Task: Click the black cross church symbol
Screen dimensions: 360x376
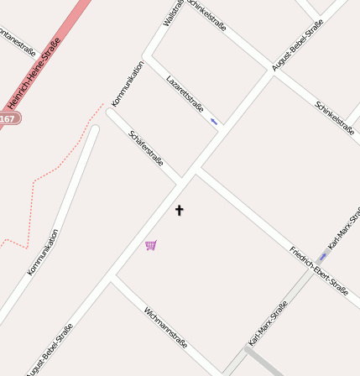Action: click(179, 210)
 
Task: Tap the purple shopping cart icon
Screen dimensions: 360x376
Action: click(151, 245)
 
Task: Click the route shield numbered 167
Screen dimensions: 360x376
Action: click(8, 119)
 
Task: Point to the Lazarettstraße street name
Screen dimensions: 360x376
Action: click(185, 93)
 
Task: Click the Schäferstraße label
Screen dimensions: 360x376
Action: click(146, 148)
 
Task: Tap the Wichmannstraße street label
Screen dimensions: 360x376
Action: click(164, 327)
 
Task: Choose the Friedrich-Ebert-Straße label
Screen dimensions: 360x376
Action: click(318, 270)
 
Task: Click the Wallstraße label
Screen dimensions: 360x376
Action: click(174, 12)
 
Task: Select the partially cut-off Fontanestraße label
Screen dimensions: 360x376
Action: click(17, 40)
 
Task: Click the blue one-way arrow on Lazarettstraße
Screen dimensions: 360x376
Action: click(214, 122)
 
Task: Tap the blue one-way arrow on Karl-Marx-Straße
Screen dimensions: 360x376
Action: click(323, 255)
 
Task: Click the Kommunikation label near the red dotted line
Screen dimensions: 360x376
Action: click(43, 252)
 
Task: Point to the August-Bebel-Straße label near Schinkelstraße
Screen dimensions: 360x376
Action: click(298, 45)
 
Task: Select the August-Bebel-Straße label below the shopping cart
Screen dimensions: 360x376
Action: click(50, 348)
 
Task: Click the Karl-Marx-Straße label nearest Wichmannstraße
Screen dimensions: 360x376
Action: click(268, 323)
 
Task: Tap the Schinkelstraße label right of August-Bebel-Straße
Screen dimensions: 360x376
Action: click(334, 117)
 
